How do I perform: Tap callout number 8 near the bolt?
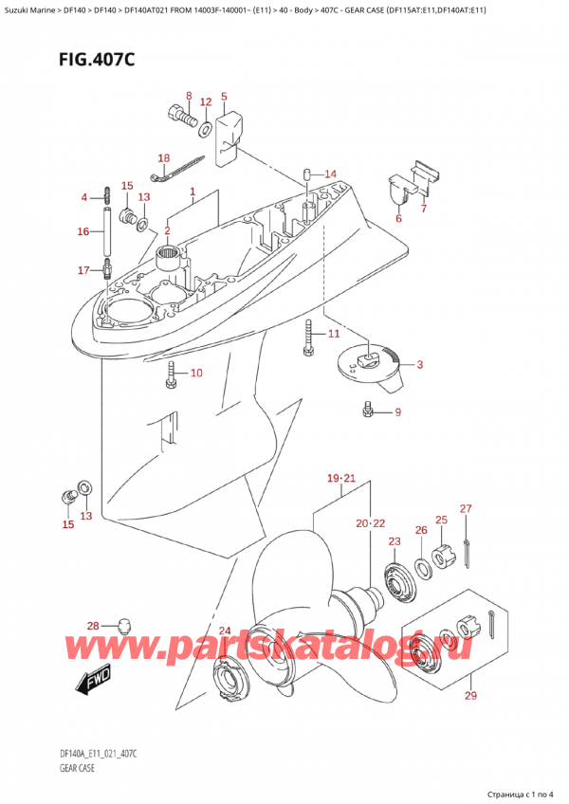pyautogui.click(x=188, y=97)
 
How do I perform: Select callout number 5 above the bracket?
pyautogui.click(x=224, y=97)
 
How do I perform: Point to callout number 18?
pyautogui.click(x=163, y=158)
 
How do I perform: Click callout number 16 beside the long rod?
pyautogui.click(x=83, y=230)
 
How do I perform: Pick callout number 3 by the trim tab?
pyautogui.click(x=420, y=364)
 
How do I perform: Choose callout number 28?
pyautogui.click(x=92, y=626)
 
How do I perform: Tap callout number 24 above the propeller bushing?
pyautogui.click(x=224, y=631)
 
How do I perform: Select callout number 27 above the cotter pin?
pyautogui.click(x=466, y=510)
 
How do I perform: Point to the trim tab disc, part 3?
pyautogui.click(x=367, y=361)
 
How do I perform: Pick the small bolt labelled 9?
pyautogui.click(x=368, y=411)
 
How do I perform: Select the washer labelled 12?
pyautogui.click(x=208, y=126)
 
